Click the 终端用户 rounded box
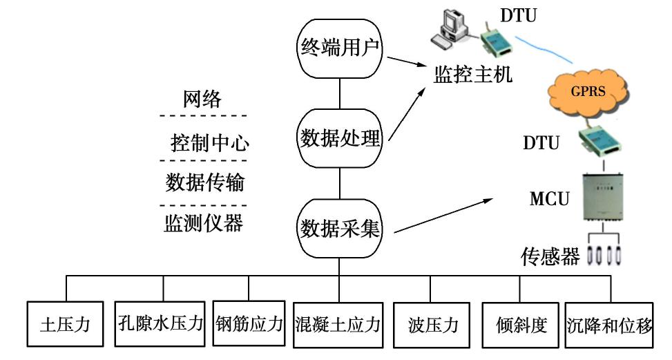[338, 48]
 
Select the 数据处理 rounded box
[339, 139]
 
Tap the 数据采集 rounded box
[339, 227]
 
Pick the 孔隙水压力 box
[160, 323]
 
